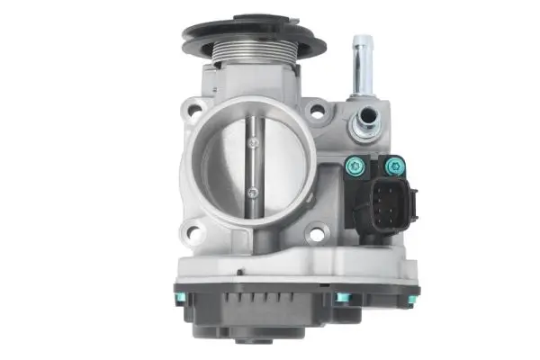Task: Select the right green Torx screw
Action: point(393,166)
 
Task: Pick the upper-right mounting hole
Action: point(316,112)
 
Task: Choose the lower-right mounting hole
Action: point(315,237)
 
